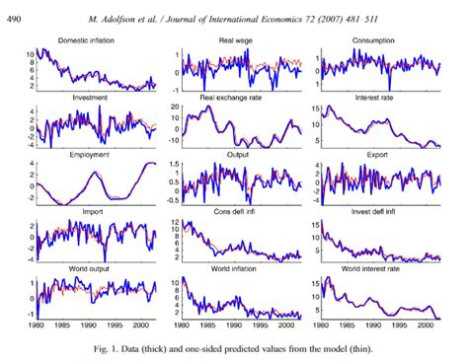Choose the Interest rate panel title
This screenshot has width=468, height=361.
pos(376,98)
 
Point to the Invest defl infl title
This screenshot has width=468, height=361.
pos(376,211)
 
